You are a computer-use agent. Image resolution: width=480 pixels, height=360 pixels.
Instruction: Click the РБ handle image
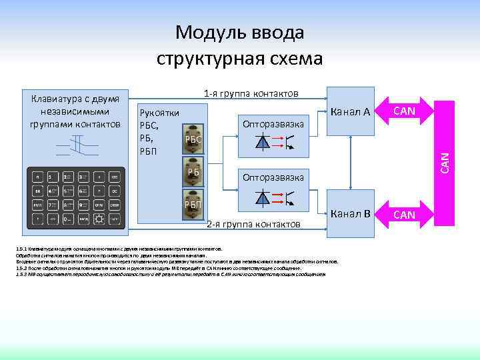194,170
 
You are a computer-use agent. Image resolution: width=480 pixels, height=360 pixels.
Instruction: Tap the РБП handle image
194,203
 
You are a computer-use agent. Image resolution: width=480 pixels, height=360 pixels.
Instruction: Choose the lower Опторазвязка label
273,178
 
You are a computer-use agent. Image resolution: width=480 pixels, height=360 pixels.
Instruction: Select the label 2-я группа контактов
253,224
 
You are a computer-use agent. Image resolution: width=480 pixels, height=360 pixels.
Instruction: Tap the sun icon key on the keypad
99,218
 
